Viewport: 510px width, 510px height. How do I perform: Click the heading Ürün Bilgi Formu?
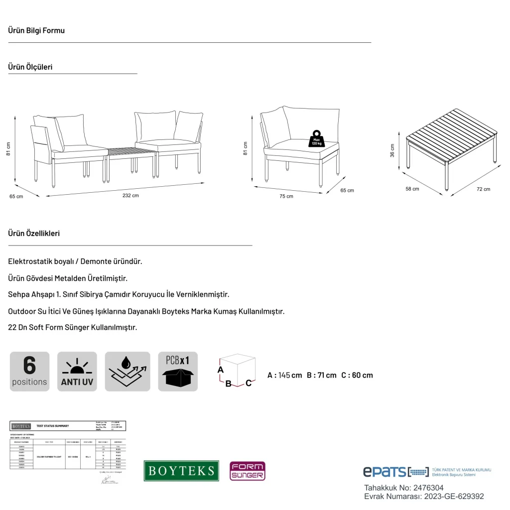click(x=36, y=30)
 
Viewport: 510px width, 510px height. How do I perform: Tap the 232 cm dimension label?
click(x=130, y=196)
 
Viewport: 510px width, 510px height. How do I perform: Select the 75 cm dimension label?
click(x=286, y=196)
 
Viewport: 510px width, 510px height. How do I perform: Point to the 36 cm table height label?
click(x=392, y=150)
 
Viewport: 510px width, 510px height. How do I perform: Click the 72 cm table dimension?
click(x=483, y=189)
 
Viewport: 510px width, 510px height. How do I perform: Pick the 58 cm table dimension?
click(x=412, y=189)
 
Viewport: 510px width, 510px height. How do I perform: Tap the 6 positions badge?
click(x=29, y=372)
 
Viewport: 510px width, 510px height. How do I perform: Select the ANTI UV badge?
click(x=77, y=372)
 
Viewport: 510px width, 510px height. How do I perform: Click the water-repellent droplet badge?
click(x=127, y=372)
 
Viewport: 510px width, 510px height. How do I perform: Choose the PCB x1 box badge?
click(x=178, y=372)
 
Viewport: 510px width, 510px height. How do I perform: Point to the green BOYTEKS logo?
click(x=181, y=471)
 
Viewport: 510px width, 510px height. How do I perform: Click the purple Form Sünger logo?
click(x=247, y=471)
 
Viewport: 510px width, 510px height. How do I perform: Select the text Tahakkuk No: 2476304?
click(x=404, y=488)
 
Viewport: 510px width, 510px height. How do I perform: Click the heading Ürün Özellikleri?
click(x=34, y=233)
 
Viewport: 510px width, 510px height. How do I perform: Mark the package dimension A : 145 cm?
click(x=284, y=375)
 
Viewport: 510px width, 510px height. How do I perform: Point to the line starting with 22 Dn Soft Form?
click(x=73, y=328)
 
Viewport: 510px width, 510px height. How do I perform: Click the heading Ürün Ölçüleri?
click(x=30, y=67)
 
